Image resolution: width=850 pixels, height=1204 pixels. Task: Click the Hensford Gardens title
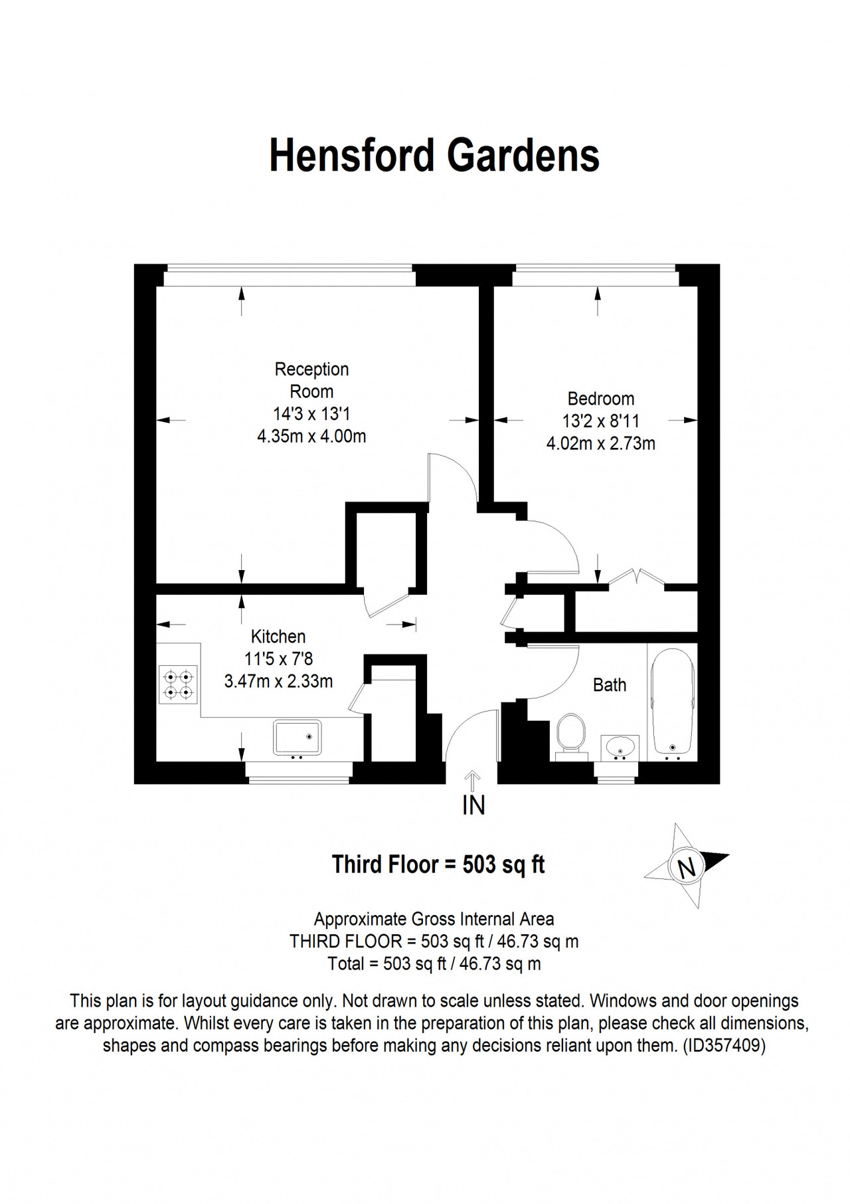click(434, 155)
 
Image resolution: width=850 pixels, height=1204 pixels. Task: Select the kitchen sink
click(297, 737)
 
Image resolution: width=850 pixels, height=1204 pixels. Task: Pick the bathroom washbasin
click(620, 748)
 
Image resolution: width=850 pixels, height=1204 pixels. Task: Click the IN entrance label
click(473, 805)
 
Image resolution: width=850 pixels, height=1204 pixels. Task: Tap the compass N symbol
click(687, 866)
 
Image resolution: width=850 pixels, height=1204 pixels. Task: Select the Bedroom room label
click(600, 399)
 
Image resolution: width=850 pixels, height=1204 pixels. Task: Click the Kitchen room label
click(278, 637)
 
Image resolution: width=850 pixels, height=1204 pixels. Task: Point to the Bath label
click(610, 684)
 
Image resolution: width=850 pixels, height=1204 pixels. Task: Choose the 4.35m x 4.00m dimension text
click(311, 437)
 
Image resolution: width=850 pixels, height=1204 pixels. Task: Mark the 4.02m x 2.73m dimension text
click(601, 443)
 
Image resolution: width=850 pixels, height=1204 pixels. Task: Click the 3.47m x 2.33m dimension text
click(278, 681)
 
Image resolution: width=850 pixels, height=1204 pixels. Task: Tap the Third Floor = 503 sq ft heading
click(438, 864)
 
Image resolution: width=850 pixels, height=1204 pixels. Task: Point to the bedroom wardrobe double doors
click(637, 577)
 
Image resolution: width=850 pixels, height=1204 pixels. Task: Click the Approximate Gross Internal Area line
click(434, 919)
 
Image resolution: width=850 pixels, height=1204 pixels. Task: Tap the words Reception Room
click(311, 380)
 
